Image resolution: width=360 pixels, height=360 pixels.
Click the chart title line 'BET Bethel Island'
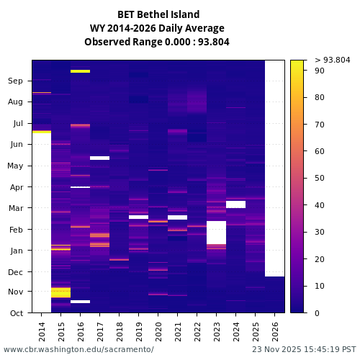(x=158, y=14)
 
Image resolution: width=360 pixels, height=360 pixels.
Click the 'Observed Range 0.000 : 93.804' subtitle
(x=157, y=42)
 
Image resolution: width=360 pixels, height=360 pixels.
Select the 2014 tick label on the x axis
(x=42, y=330)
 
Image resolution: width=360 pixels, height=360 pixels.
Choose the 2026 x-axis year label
(x=275, y=330)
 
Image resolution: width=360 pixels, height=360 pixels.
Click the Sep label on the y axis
(x=16, y=81)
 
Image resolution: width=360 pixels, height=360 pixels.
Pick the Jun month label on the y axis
(x=16, y=145)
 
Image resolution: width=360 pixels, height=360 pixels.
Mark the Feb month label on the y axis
(x=16, y=230)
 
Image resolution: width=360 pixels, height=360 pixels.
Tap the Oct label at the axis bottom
(x=16, y=313)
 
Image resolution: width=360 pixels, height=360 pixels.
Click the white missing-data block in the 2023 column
(x=216, y=233)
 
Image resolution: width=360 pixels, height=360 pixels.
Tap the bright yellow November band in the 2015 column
(x=60, y=292)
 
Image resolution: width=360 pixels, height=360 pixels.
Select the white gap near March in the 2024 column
(x=235, y=204)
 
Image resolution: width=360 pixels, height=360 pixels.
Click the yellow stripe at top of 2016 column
(x=80, y=71)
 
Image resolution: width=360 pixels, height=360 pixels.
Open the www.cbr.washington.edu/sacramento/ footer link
(x=78, y=349)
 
